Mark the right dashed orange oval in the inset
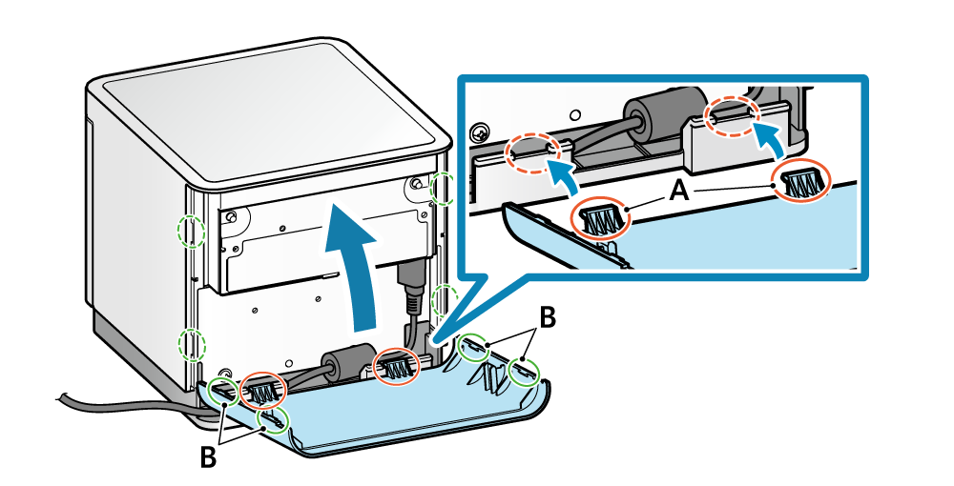pyautogui.click(x=732, y=115)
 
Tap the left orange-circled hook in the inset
pyautogui.click(x=601, y=217)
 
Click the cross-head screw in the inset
pyautogui.click(x=482, y=130)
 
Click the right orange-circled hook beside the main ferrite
pyautogui.click(x=396, y=366)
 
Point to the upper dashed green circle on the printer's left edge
pyautogui.click(x=193, y=230)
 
